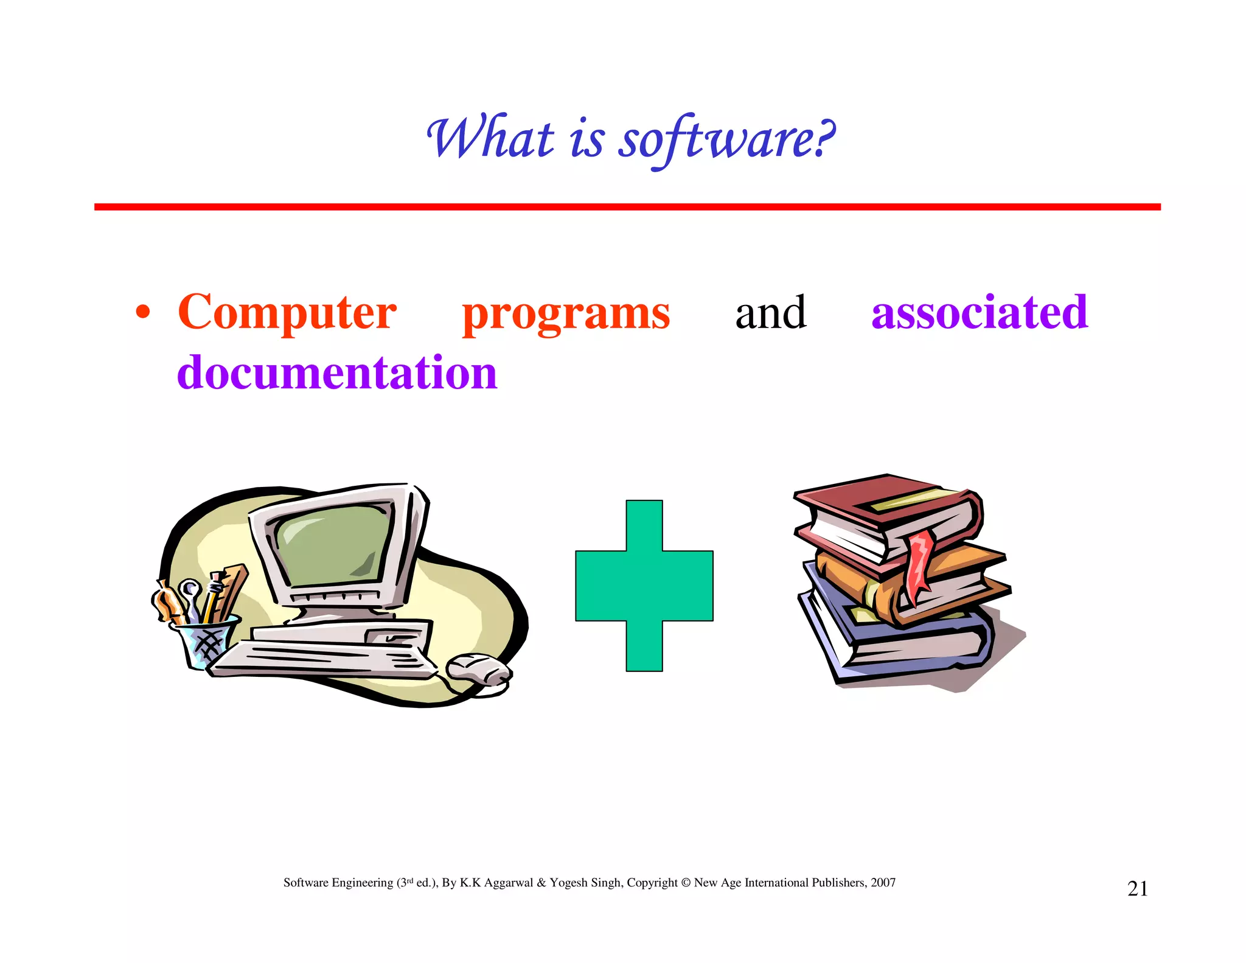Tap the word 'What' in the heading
[490, 139]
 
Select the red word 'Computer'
[287, 312]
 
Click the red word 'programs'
[566, 314]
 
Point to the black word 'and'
[771, 312]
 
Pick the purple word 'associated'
[979, 312]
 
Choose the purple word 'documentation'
[337, 373]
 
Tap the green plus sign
[644, 586]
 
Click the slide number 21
[1137, 889]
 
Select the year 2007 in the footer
[883, 883]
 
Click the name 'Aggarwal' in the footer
[508, 883]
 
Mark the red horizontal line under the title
[627, 207]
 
